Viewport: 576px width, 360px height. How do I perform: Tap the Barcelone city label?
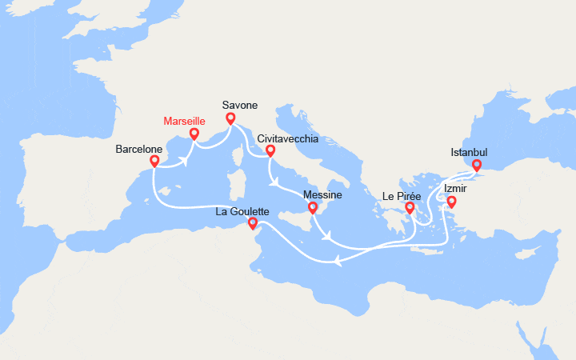tap(139, 149)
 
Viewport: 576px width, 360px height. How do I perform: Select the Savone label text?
tap(239, 104)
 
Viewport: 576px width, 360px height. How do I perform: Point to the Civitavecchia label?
tap(288, 138)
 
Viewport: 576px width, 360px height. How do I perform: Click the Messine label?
tap(323, 194)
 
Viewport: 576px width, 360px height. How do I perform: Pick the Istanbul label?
tap(470, 152)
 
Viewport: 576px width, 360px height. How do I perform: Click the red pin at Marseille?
tap(194, 134)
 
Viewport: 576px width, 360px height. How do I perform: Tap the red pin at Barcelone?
tap(154, 161)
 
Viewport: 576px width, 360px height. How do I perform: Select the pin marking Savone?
tap(230, 119)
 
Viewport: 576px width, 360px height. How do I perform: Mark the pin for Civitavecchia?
tap(270, 150)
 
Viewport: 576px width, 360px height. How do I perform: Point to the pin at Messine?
tap(313, 208)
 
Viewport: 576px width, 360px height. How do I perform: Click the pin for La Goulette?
tap(253, 223)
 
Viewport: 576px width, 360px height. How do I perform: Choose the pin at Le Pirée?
tap(410, 208)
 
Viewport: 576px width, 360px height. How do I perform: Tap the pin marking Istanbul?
tap(476, 166)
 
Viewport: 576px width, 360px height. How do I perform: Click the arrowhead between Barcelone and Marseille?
tap(184, 159)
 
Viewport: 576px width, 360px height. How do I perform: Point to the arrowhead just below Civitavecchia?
tap(276, 182)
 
